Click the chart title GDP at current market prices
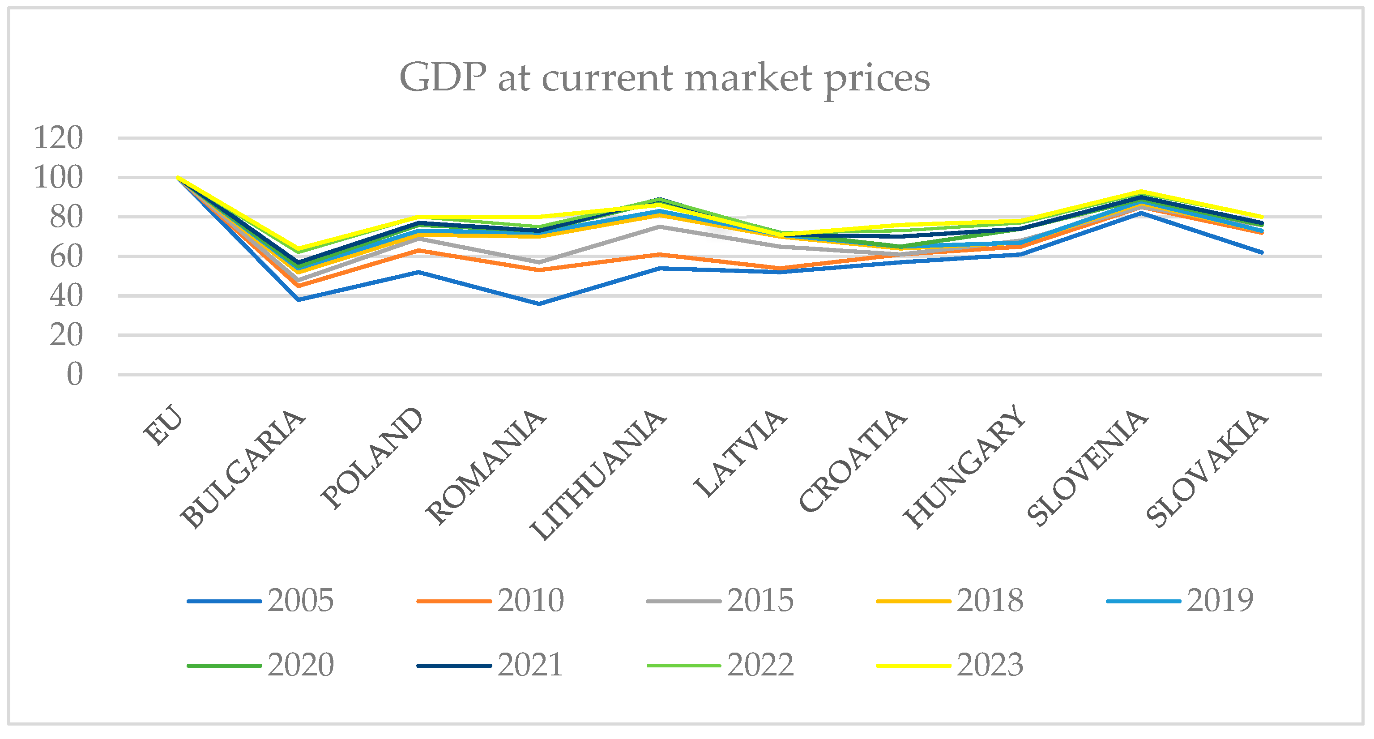coord(664,78)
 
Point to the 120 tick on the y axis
coord(58,138)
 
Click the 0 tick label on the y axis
coord(75,374)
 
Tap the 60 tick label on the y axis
coord(66,256)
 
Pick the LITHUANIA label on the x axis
coord(598,474)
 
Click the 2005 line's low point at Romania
coord(539,303)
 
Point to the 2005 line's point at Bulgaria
coord(298,300)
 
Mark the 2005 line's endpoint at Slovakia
coord(1262,252)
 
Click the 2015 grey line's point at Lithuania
coord(660,227)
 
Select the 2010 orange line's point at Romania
coord(539,270)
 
